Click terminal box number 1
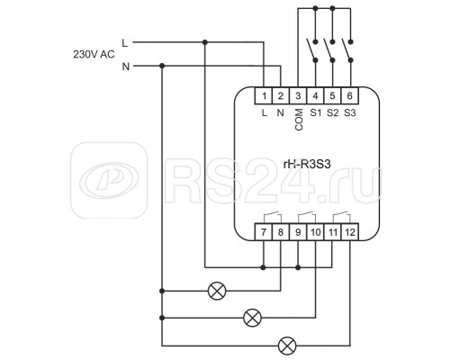click(264, 96)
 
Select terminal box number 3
click(298, 96)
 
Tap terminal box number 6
click(350, 96)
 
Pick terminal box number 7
click(264, 232)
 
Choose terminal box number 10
click(316, 232)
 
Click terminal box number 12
click(350, 232)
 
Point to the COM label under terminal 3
click(299, 120)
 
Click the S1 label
click(316, 113)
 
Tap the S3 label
click(350, 113)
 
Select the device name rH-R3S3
click(307, 164)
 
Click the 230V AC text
click(94, 54)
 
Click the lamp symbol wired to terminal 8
click(217, 291)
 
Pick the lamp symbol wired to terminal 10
click(252, 318)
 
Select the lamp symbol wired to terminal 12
click(287, 346)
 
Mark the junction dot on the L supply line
click(205, 42)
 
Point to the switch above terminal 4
click(312, 50)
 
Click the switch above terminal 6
click(347, 50)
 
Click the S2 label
click(333, 113)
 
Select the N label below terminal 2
click(281, 113)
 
